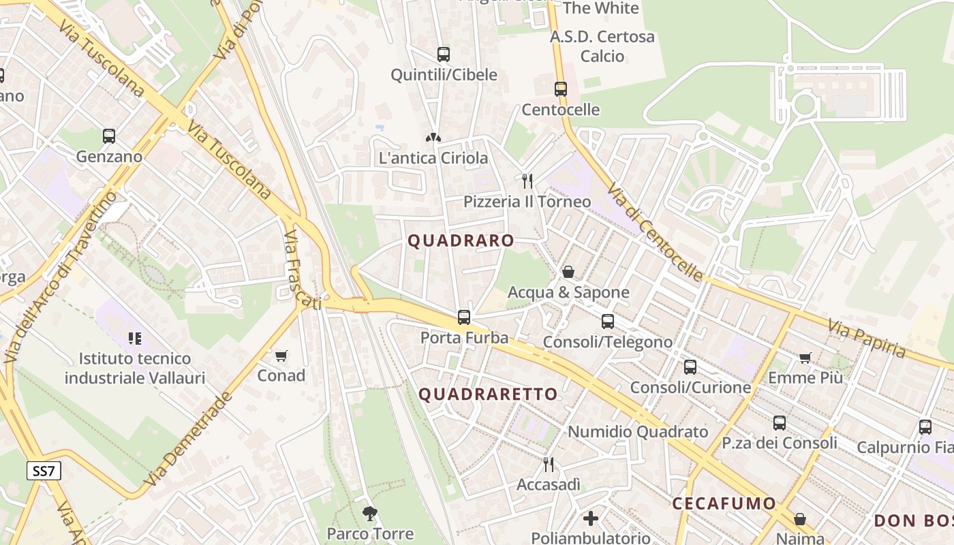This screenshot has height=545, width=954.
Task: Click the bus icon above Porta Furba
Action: click(x=464, y=317)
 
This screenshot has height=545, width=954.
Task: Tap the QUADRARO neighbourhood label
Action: click(x=461, y=240)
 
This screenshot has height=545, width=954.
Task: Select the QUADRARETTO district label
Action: click(x=488, y=394)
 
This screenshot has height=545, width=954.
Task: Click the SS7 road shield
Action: click(x=44, y=471)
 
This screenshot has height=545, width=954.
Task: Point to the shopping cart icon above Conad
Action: click(x=281, y=356)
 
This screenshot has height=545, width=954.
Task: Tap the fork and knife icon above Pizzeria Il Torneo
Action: click(x=527, y=181)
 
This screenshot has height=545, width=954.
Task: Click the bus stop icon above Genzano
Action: click(x=109, y=136)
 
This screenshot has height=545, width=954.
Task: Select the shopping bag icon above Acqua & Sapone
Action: click(x=568, y=272)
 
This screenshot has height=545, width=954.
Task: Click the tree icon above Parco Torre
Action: click(x=370, y=513)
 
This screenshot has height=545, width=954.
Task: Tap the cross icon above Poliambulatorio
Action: click(x=591, y=518)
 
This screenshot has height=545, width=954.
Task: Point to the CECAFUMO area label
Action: click(x=724, y=503)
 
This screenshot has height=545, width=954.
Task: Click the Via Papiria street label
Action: click(x=867, y=339)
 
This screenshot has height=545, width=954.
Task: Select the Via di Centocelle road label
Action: click(x=654, y=232)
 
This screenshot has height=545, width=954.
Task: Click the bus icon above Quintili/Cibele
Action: click(x=444, y=54)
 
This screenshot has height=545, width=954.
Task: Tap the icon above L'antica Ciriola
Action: click(x=433, y=138)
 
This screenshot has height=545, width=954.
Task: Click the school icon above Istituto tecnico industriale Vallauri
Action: click(x=134, y=338)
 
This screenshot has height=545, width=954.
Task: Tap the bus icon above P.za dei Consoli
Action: click(x=780, y=422)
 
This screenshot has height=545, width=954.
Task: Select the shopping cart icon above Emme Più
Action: click(x=805, y=357)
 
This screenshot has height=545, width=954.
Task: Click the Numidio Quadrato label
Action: click(x=638, y=431)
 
